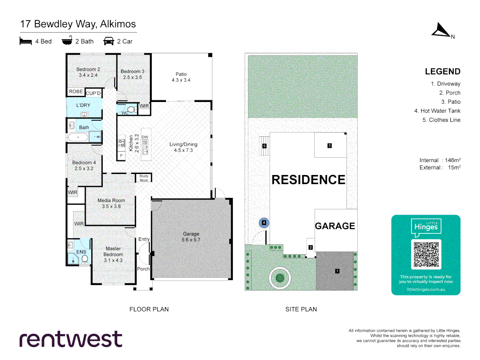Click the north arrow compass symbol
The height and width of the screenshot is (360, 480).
point(441,30)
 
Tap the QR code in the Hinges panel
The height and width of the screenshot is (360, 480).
point(426,254)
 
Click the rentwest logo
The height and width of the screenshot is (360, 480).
point(71,339)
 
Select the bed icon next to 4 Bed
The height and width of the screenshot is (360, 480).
point(26,41)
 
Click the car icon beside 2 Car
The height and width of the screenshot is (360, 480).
point(109,41)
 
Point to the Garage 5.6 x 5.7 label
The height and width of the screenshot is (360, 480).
point(191,237)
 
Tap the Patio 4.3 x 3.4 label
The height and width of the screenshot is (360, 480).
point(181,77)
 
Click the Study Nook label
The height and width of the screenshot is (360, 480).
point(144,178)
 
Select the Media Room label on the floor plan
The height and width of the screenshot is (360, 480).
point(111,203)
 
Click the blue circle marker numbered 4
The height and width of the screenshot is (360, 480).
point(264,223)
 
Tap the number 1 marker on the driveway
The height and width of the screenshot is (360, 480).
point(337,271)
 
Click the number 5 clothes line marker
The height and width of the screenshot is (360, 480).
point(264,146)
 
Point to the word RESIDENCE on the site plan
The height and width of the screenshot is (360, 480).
point(308,180)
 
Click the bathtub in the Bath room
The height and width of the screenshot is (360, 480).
point(78,137)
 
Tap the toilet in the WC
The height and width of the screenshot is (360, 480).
point(131,109)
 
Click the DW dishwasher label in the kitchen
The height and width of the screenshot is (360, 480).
point(145,137)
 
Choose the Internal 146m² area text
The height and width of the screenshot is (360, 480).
point(440,160)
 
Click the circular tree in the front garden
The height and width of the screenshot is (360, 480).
point(280,277)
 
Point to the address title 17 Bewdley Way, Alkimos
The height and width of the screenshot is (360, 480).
point(78,24)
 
